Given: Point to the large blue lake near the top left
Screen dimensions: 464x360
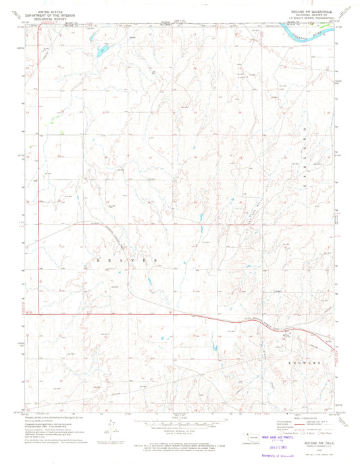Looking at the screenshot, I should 102,49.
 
